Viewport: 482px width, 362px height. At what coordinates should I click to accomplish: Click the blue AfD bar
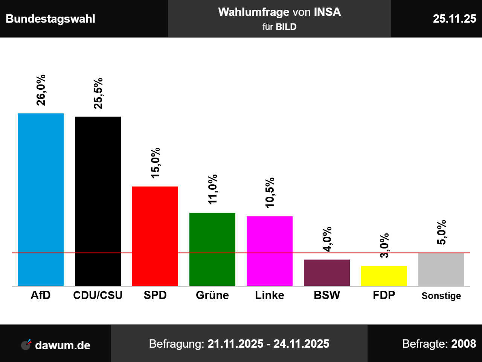click(x=41, y=199)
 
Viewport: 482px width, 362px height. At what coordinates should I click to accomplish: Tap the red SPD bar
click(x=155, y=236)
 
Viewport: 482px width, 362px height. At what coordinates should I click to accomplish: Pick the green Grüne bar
click(x=212, y=249)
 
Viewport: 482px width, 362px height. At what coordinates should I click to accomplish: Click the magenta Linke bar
click(x=270, y=251)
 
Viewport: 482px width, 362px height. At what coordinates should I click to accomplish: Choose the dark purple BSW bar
click(x=327, y=273)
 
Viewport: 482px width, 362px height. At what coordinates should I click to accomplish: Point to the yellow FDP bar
click(x=384, y=276)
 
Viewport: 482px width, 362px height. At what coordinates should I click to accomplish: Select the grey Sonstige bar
click(x=441, y=269)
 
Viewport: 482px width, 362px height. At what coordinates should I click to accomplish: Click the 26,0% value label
click(x=41, y=90)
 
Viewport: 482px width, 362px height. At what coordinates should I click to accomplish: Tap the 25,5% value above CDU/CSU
click(x=98, y=94)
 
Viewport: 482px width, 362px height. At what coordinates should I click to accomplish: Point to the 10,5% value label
click(x=270, y=193)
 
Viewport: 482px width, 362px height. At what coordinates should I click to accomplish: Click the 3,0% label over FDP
click(x=384, y=245)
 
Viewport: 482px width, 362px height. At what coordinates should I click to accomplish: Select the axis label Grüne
click(x=212, y=295)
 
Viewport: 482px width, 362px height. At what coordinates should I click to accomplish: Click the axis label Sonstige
click(x=441, y=296)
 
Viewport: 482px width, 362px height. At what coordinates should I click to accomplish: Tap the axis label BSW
click(x=327, y=295)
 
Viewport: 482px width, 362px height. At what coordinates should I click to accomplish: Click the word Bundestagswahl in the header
click(x=50, y=19)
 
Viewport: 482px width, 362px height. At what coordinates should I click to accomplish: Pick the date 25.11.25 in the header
click(x=455, y=19)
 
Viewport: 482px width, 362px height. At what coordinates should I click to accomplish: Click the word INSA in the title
click(x=327, y=12)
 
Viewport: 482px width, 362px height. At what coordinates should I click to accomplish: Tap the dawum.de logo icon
click(x=26, y=345)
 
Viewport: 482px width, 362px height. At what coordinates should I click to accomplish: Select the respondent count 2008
click(x=464, y=344)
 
